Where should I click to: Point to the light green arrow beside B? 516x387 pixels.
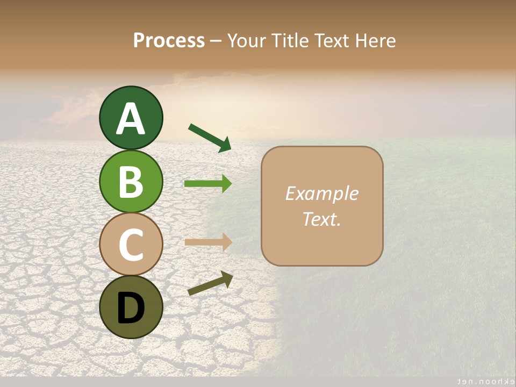click(208, 184)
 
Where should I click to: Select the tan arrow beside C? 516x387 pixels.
click(208, 242)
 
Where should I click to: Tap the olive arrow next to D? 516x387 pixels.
click(210, 283)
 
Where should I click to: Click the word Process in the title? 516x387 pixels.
click(169, 40)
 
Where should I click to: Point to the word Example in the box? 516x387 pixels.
click(321, 193)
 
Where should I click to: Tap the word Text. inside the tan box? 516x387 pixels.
click(321, 219)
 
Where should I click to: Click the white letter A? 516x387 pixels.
click(131, 119)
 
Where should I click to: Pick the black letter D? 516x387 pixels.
click(131, 308)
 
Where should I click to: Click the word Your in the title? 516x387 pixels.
click(245, 40)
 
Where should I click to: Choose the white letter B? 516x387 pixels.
click(131, 182)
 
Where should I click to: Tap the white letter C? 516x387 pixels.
click(131, 245)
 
